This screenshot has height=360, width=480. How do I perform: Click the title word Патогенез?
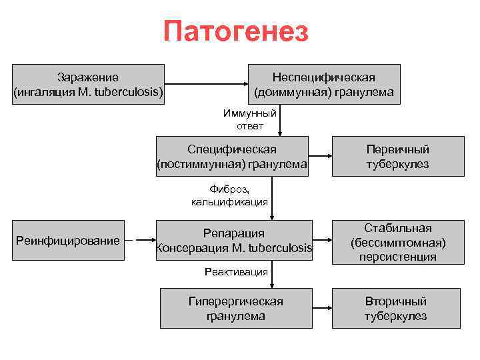236,31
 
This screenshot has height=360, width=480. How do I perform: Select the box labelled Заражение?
89,85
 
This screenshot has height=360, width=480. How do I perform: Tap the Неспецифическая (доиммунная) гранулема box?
324,85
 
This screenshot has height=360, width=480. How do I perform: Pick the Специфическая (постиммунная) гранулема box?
232,157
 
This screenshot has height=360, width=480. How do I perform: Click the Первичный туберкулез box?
397,157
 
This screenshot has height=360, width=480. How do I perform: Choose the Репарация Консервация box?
233,241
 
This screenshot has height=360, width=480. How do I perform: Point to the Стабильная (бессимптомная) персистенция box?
397,241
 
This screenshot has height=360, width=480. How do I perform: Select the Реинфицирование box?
68,240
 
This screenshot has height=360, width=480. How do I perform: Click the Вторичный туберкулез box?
396,308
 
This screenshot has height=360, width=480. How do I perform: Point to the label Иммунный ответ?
249,119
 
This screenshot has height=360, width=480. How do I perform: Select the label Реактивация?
236,271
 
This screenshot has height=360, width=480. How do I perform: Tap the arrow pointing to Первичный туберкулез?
321,157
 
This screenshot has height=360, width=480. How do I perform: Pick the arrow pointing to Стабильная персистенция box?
323,241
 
